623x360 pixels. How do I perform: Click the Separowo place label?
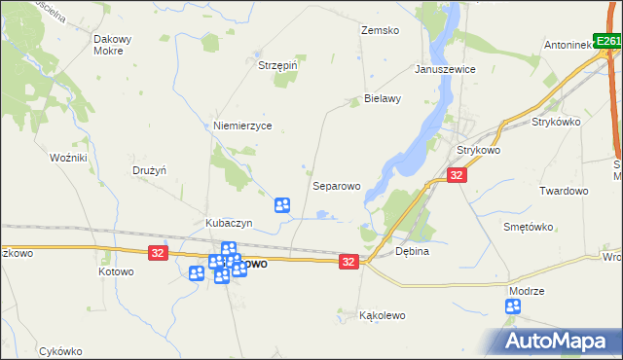pos(337,185)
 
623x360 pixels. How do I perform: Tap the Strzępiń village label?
pos(276,65)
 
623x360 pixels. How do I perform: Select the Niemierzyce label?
pos(242,126)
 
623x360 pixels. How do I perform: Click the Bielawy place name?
pos(383,99)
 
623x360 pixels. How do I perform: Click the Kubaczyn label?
pos(229,223)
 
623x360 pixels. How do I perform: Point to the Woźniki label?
pos(69,157)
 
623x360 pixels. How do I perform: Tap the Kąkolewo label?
pos(382,315)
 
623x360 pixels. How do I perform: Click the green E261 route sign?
pos(607,42)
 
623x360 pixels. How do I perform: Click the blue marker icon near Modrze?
pos(513,307)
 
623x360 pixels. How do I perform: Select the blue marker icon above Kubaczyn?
pos(282,205)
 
